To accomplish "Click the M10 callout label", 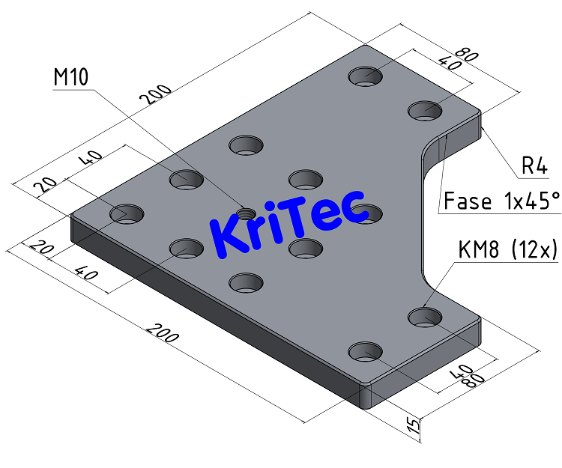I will coord(70,77).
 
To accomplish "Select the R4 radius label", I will coord(535,166).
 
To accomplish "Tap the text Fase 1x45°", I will coord(501,201).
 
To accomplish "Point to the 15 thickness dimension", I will coord(412,426).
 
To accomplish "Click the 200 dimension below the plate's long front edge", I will coord(163,333).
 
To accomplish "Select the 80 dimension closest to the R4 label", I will coord(467,55).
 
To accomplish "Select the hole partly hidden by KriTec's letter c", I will coord(366,213).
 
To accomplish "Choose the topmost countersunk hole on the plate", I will coord(365,76).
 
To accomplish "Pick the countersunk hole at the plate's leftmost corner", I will coord(127,214).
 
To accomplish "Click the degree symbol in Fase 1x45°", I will coord(556,195).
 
